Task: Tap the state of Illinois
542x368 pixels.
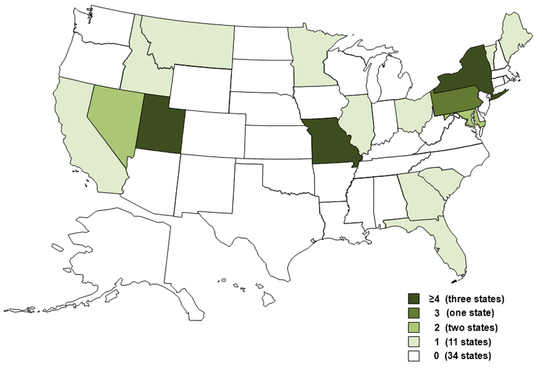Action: tap(358, 122)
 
